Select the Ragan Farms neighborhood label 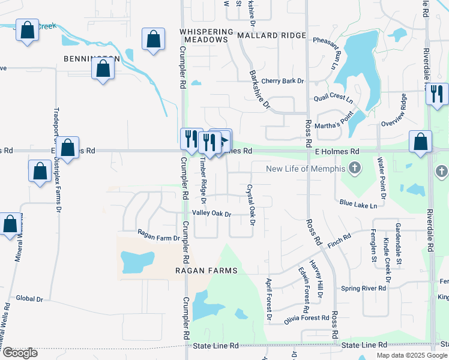point(206,271)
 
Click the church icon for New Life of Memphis point(355,169)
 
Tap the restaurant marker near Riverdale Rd point(436,94)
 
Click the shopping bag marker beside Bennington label point(103,69)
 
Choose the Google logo point(19,353)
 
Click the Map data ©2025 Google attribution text point(412,355)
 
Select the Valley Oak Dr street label point(211,214)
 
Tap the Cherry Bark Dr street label point(283,81)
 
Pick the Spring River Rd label point(364,289)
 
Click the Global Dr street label point(30,298)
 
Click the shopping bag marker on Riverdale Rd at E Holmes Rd point(421,142)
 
